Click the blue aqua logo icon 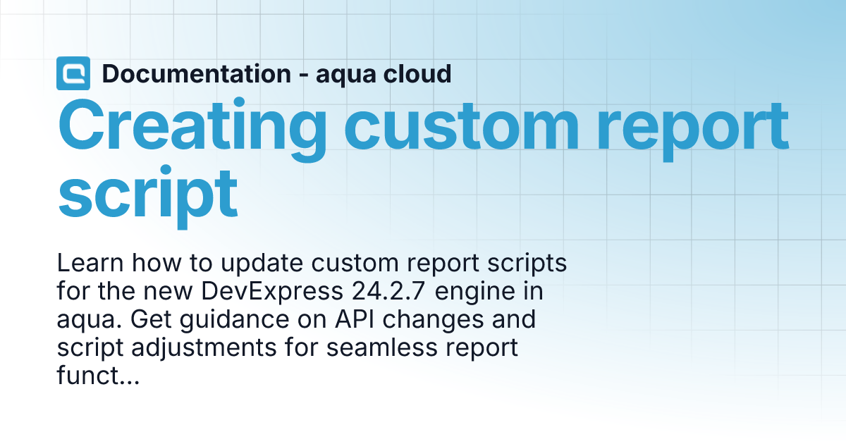[73, 73]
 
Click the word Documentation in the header [197, 73]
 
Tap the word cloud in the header [417, 73]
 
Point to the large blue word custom [462, 126]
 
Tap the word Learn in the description [90, 263]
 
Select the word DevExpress [272, 292]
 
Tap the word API [355, 319]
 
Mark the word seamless [382, 347]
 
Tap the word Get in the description [151, 319]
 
